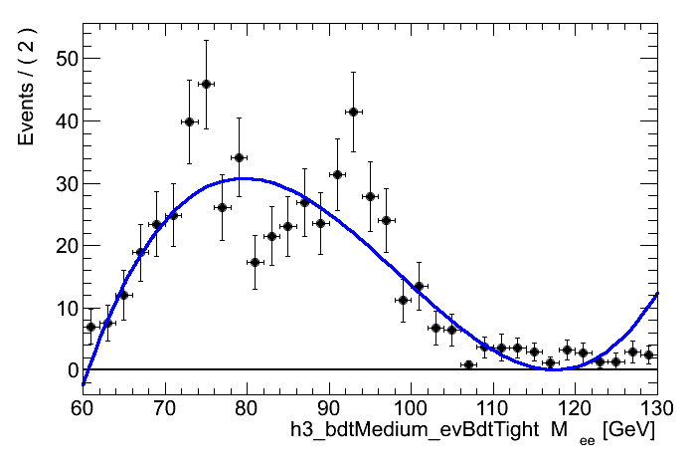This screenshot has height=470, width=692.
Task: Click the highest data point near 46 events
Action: (x=206, y=84)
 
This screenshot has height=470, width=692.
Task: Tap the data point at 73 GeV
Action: (x=189, y=121)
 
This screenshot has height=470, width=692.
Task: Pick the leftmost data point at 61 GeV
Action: (x=90, y=327)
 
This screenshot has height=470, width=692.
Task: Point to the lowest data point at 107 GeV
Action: (x=467, y=364)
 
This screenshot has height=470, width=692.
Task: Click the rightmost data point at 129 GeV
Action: (x=648, y=354)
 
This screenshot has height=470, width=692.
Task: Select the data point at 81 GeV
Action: (x=255, y=262)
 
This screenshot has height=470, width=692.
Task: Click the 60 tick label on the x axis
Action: (x=83, y=408)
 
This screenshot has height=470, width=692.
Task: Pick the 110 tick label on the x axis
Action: (x=492, y=408)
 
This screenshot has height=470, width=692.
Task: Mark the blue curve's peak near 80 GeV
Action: (x=246, y=178)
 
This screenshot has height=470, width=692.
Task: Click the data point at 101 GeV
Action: (x=419, y=286)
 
